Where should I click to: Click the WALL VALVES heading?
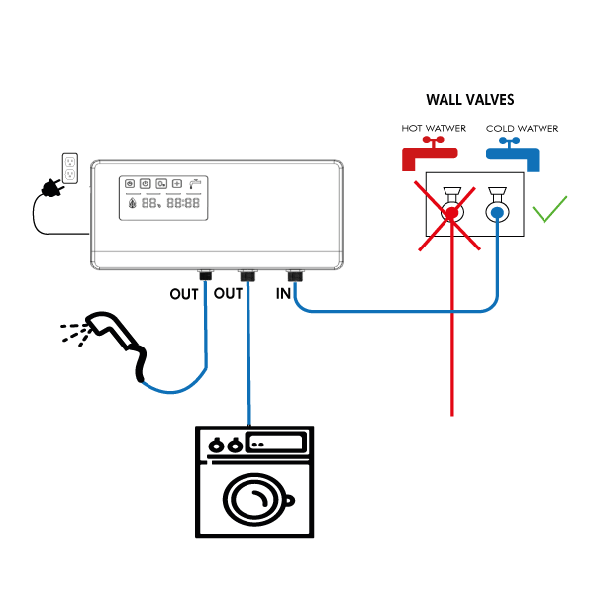coord(469,100)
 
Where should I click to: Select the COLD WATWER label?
coord(522,129)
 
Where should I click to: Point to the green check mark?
coord(549,209)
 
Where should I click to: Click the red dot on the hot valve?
coord(452,213)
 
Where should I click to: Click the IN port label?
coord(283,293)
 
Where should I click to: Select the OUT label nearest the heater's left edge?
coord(184,293)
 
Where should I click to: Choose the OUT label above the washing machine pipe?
coord(229,293)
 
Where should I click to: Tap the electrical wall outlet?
coord(70,168)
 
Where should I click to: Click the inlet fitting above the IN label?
coord(293,275)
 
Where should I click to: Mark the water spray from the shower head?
coord(71,334)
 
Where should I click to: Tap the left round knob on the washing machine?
coord(217,445)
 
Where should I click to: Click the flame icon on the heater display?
coord(133,203)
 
